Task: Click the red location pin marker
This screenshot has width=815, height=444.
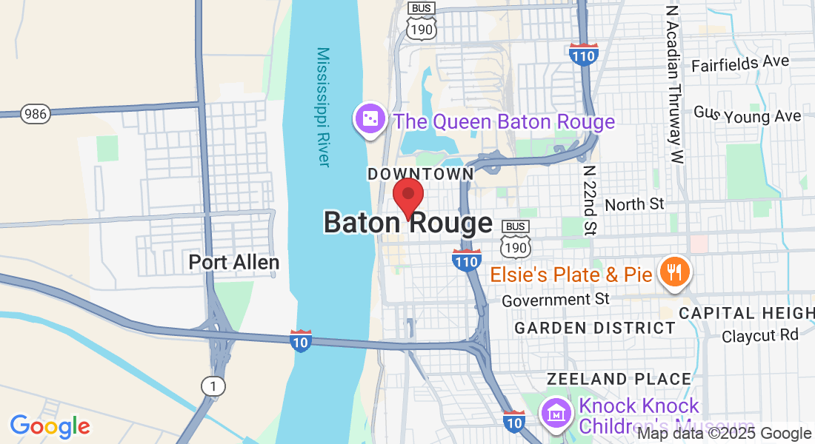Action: point(408,196)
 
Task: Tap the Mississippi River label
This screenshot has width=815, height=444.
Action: point(323,107)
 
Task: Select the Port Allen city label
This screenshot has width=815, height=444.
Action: point(233,262)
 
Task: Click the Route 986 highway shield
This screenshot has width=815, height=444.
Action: point(35,113)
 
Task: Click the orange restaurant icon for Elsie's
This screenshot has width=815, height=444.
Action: point(674,274)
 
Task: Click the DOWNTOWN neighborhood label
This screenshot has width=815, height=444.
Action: point(420,173)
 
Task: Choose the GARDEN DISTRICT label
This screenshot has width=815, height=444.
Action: point(595,328)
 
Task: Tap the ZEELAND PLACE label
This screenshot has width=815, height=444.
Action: point(619,379)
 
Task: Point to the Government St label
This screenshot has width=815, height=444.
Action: point(555,300)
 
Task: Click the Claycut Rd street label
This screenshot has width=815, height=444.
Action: point(760,335)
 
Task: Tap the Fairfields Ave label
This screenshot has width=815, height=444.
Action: point(740,64)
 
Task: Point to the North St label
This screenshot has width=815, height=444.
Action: point(634,204)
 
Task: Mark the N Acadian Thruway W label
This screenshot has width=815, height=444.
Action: point(674,85)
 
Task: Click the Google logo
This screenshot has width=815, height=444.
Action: point(50,426)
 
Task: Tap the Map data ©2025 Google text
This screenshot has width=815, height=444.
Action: point(724,434)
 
